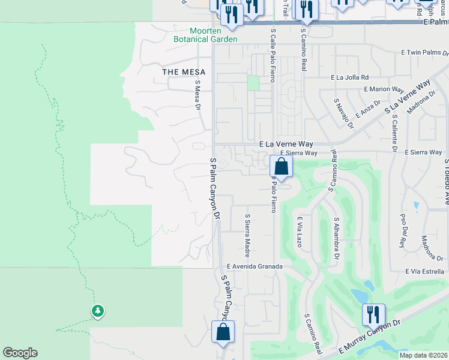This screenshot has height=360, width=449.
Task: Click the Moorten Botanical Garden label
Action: pos(205,35)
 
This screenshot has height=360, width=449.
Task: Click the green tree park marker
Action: pos(97,311)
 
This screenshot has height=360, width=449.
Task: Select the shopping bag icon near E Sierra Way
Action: pos(280,166)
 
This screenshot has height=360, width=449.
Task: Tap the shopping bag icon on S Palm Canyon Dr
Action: pos(223,332)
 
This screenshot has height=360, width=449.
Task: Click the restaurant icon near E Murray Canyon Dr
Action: pos(373,314)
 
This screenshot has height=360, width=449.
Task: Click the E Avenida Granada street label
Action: pos(254,266)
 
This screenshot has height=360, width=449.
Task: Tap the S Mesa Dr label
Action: pos(197,96)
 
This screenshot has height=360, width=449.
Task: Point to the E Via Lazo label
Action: pos(298,232)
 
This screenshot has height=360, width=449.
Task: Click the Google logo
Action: pos(20,353)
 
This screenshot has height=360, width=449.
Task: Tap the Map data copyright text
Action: pos(423,355)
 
